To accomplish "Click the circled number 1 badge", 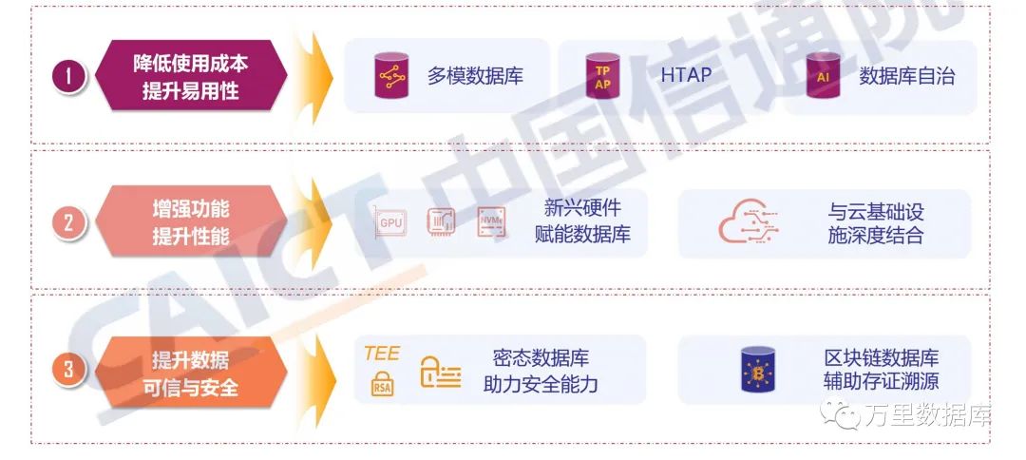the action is click(x=68, y=77).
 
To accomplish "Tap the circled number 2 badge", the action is click(x=68, y=224).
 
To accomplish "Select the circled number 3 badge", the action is click(x=68, y=370).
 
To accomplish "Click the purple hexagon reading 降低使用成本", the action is click(x=190, y=77).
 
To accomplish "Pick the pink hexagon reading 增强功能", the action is click(x=190, y=222).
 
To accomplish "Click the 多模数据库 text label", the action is click(x=475, y=76).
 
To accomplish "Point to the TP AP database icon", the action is click(x=602, y=76).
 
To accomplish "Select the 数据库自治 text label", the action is click(x=906, y=76).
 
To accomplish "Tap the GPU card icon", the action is click(x=392, y=222).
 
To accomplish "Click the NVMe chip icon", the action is click(x=491, y=221).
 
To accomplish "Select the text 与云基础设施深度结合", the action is click(x=875, y=223).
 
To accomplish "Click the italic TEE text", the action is click(x=382, y=354).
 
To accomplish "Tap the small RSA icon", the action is click(x=382, y=386).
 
